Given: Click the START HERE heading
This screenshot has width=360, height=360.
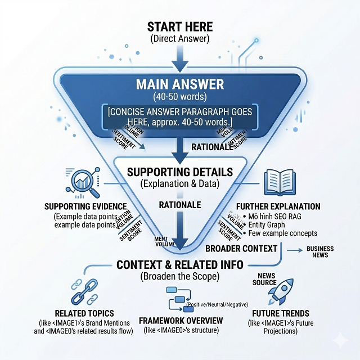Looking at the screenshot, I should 180,26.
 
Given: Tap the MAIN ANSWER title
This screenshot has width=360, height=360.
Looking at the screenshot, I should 180,85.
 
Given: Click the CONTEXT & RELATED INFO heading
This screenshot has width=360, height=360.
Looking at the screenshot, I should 180,265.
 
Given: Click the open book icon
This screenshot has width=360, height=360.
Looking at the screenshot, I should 276,181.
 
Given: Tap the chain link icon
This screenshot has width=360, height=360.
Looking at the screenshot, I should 84,291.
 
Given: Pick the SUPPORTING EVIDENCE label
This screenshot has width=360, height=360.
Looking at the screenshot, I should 84,207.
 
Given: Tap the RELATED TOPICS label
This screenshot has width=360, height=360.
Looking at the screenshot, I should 84,313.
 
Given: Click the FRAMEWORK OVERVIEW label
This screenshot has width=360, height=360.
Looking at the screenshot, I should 180,321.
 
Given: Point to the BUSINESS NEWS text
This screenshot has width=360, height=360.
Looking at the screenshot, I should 320,252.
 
